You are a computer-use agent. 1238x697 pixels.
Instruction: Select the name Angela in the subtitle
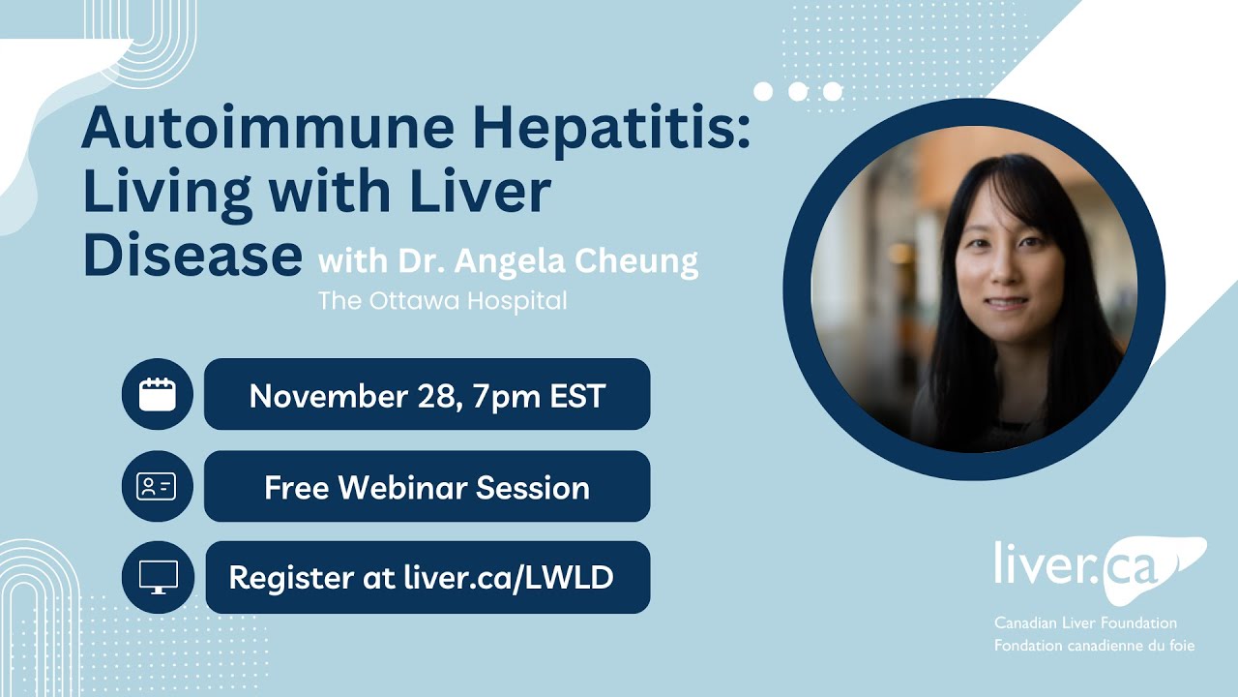(x=516, y=261)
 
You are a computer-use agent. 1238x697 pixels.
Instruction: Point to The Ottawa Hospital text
(x=443, y=301)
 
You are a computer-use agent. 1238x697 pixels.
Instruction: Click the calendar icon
(x=158, y=394)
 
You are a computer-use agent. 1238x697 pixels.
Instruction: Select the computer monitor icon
(x=158, y=578)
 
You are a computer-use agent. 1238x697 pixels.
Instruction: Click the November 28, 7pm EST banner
(x=427, y=395)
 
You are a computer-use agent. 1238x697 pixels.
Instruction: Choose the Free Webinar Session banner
(x=427, y=487)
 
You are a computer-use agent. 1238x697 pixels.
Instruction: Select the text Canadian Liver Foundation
(x=1085, y=623)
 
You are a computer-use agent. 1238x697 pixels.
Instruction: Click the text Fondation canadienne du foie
(x=1094, y=645)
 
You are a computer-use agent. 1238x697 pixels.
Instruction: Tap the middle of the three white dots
(x=798, y=91)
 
